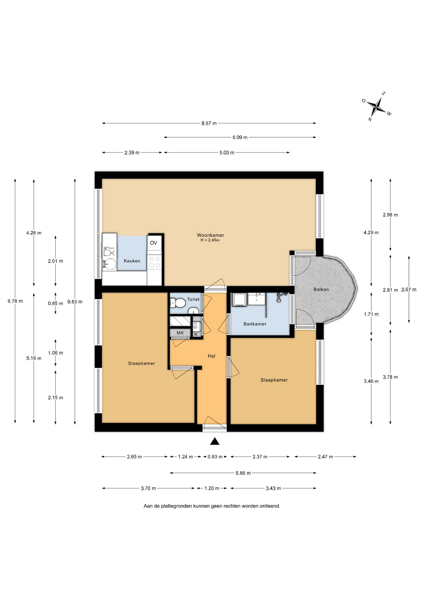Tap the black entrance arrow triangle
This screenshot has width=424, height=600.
[x=214, y=441]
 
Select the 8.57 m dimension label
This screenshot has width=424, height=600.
[x=209, y=123]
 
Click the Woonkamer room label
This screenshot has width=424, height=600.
[x=210, y=235]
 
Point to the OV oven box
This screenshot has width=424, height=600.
[x=154, y=243]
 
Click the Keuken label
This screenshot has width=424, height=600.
[x=132, y=261]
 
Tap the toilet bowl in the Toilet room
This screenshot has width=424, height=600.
[x=177, y=303]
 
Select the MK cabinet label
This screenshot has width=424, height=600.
[x=180, y=333]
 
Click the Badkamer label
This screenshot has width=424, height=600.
[x=255, y=324]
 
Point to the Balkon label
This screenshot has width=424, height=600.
[x=321, y=289]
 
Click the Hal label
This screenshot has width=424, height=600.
[x=211, y=356]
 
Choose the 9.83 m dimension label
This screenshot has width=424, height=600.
[x=75, y=302]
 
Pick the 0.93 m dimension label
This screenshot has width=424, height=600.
[x=215, y=457]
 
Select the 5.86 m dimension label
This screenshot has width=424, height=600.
[x=243, y=473]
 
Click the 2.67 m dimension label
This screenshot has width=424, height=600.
[x=409, y=290]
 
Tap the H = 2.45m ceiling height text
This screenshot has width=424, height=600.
[x=210, y=240]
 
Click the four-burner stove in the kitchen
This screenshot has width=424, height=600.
[x=155, y=262]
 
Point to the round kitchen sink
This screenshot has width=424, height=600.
[x=109, y=263]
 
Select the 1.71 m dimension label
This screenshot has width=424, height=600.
[x=371, y=314]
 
